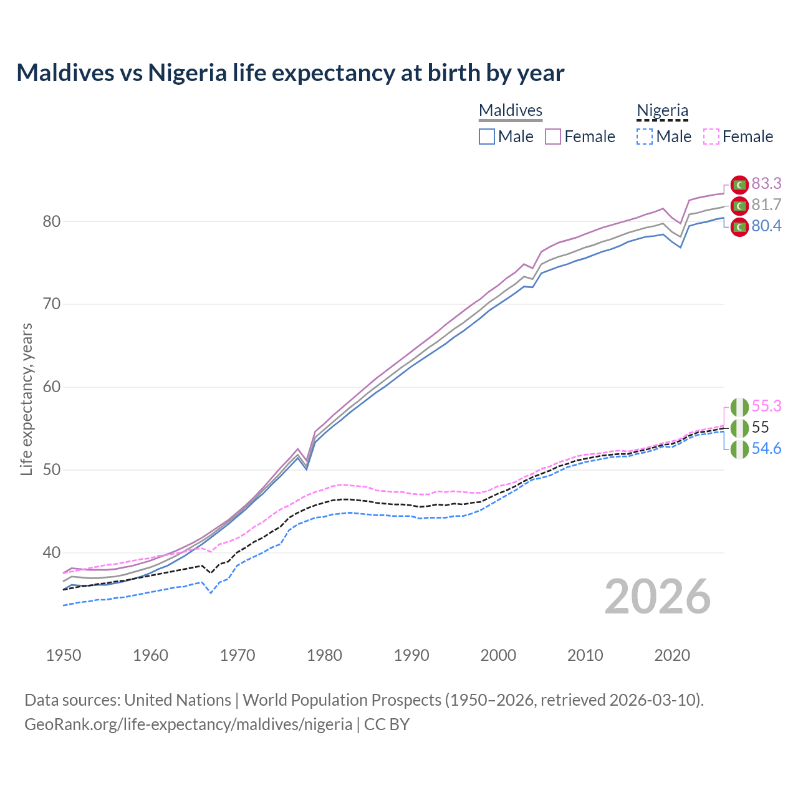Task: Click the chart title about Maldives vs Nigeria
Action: click(x=291, y=73)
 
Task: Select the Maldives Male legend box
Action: click(x=487, y=137)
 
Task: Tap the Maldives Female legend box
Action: click(x=553, y=137)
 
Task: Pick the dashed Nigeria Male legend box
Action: click(x=645, y=137)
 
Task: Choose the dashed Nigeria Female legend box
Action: click(x=711, y=137)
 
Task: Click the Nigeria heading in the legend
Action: click(x=662, y=110)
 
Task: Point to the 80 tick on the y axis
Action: click(x=52, y=221)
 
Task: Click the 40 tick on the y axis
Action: click(x=52, y=552)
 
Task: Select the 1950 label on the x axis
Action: click(x=64, y=655)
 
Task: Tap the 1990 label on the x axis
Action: click(x=411, y=655)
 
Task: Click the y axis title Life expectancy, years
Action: click(x=26, y=399)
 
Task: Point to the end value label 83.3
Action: click(x=766, y=183)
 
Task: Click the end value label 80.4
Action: click(x=766, y=226)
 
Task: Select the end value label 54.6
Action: click(x=766, y=449)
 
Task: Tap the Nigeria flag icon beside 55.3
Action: click(x=739, y=407)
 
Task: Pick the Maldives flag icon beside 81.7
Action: click(x=739, y=206)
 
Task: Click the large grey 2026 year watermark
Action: click(x=658, y=597)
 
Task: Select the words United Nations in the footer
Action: click(x=178, y=700)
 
